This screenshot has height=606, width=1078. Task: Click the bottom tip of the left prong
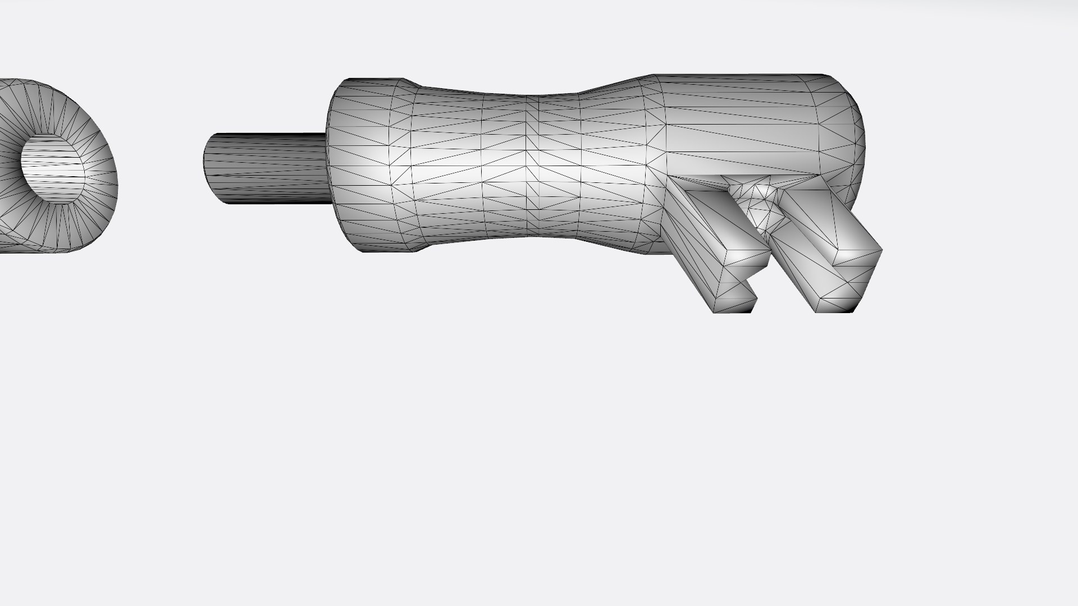click(x=733, y=310)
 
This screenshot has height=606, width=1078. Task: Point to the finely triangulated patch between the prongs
click(x=761, y=205)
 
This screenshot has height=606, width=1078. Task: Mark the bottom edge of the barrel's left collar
click(x=387, y=250)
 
